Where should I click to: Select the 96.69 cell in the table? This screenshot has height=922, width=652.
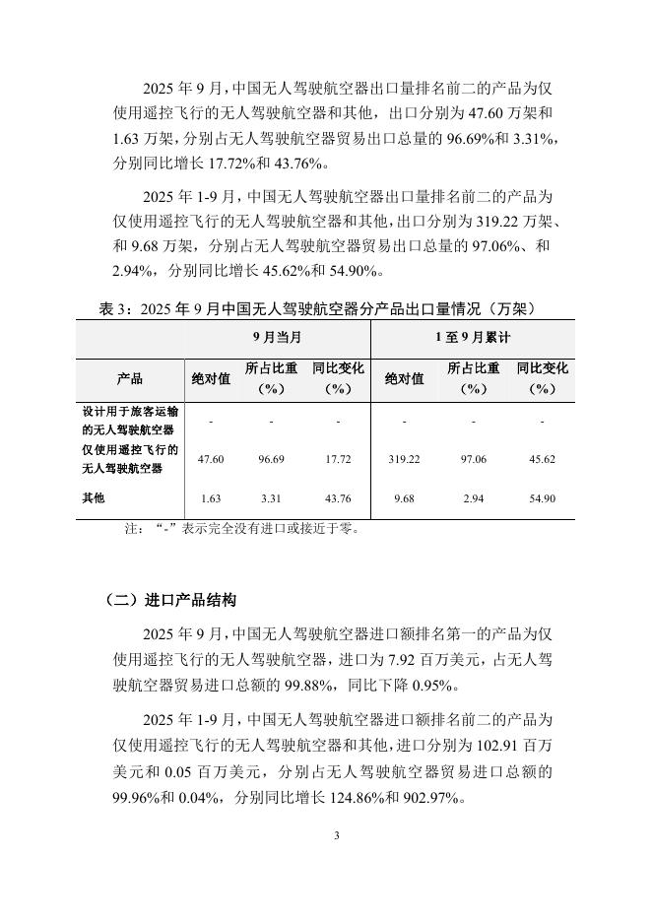(271, 460)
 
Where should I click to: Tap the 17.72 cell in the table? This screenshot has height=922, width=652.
(337, 460)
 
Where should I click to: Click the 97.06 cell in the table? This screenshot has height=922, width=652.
(473, 460)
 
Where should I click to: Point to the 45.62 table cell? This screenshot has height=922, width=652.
(542, 460)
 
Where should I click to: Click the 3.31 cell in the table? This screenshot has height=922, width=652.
(271, 499)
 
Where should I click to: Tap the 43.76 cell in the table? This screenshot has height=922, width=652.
(337, 499)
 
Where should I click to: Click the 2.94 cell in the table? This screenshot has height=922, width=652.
(473, 499)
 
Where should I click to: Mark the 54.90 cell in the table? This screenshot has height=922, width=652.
(542, 499)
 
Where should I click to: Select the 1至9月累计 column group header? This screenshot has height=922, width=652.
(473, 338)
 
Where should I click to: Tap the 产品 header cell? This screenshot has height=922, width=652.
(129, 378)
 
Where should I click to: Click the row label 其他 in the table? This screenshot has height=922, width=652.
(95, 499)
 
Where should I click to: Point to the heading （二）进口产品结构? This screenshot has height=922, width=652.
(170, 600)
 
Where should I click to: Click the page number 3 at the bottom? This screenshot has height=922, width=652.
(336, 836)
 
